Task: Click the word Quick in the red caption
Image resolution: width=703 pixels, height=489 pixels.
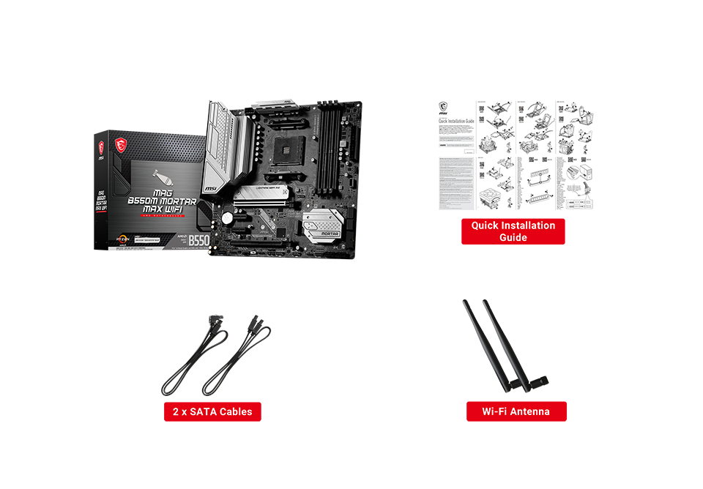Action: coord(486,225)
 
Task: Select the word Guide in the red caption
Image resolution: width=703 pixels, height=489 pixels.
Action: coord(513,238)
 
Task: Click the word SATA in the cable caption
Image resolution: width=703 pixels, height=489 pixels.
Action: coord(203,411)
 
